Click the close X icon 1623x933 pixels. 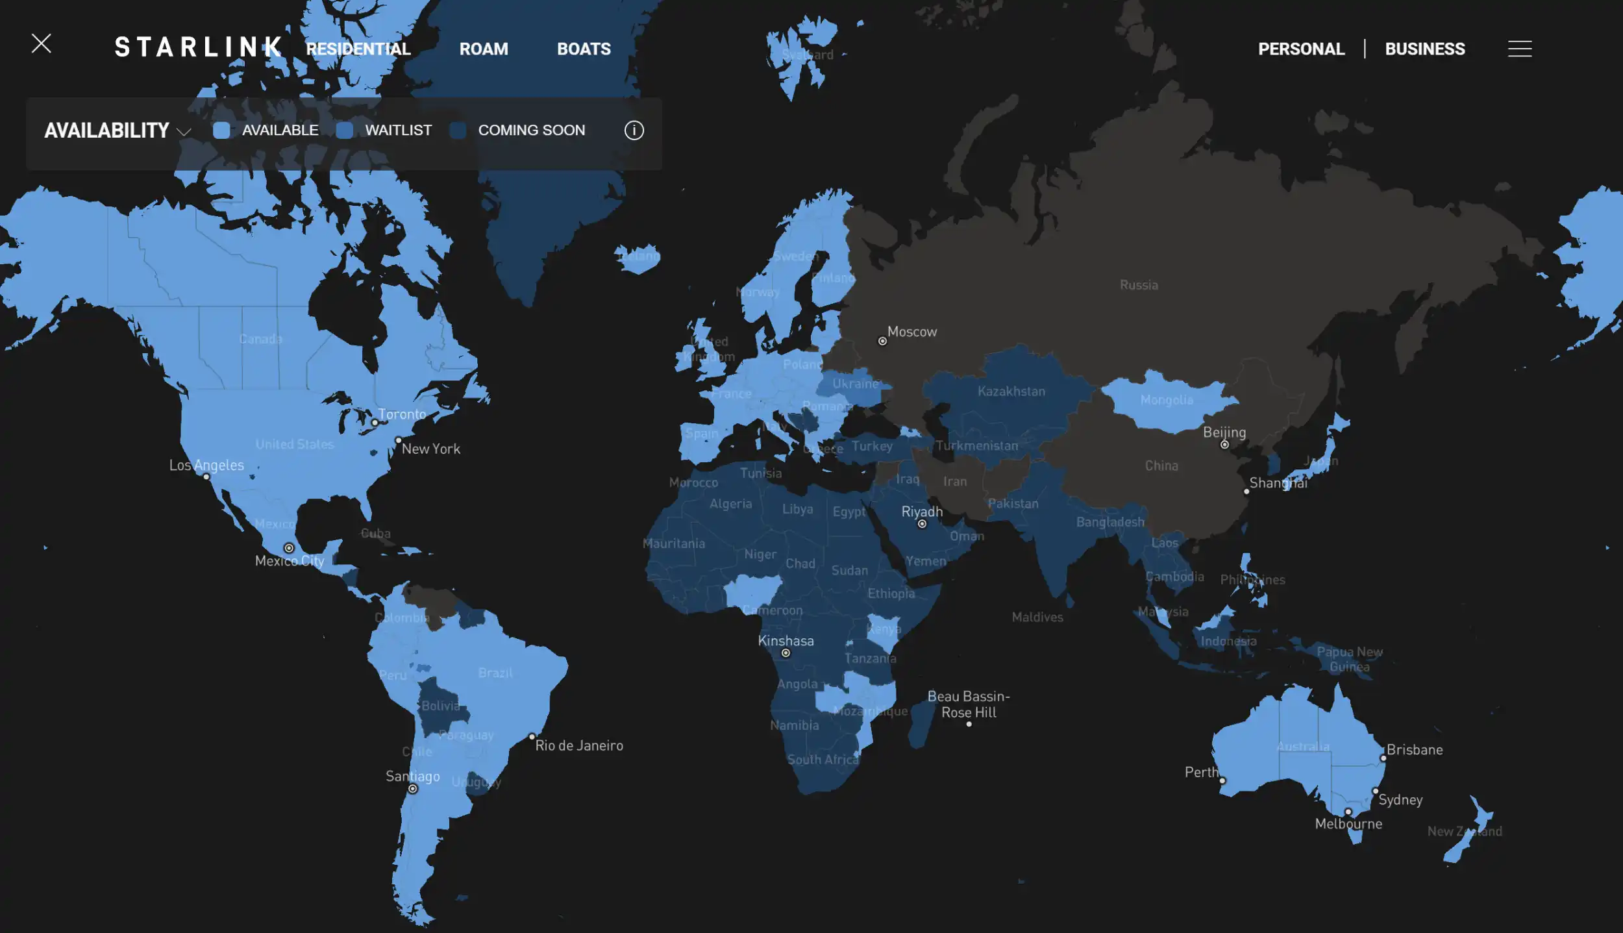42,44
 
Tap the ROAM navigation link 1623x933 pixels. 484,49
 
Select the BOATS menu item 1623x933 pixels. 584,49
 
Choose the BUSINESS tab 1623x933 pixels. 1425,49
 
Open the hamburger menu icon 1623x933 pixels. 1520,49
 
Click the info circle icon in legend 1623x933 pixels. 634,131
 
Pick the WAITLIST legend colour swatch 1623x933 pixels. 345,131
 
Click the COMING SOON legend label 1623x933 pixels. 531,131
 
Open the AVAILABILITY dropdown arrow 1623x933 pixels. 184,132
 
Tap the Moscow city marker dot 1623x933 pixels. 882,341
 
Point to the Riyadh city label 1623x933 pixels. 922,512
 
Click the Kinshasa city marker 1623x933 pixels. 786,653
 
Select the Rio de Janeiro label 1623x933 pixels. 579,745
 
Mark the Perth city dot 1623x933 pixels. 1222,780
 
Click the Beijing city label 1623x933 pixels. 1224,432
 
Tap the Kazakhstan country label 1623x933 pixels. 1011,392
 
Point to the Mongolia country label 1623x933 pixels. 1167,400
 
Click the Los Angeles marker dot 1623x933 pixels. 206,477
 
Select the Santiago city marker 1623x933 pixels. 413,789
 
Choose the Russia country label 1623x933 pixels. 1139,285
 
